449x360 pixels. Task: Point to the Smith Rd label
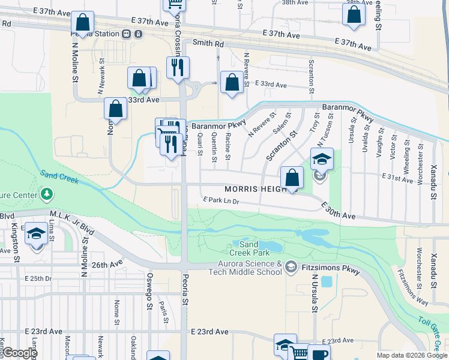coord(208,44)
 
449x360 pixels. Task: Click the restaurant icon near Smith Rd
coord(177,67)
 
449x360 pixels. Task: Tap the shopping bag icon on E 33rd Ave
coord(232,82)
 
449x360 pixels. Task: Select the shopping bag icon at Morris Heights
coord(292,178)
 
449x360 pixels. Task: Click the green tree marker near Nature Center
coord(46,194)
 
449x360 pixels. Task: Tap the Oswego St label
coord(148,292)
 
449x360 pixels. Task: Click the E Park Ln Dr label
coord(221,200)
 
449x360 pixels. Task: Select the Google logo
coord(19,353)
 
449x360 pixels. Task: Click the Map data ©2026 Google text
coord(412,355)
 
